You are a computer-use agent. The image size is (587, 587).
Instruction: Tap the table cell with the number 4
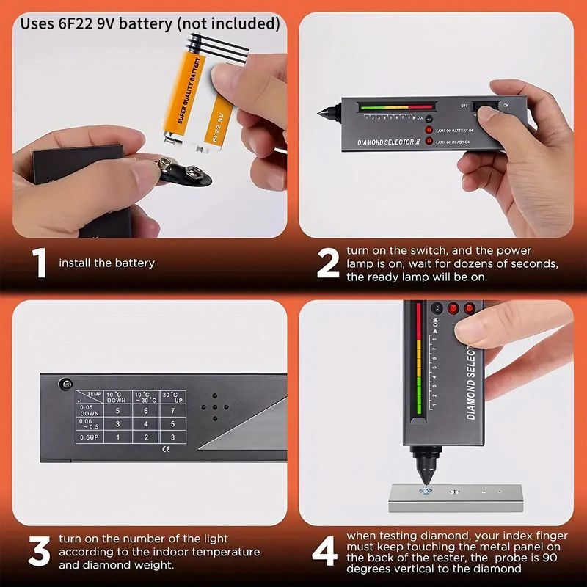point(145,423)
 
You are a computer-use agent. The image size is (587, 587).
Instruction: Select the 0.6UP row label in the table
point(88,438)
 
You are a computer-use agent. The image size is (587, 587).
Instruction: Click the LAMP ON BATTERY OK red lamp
point(430,130)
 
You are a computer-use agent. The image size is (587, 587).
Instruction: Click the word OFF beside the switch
point(464,105)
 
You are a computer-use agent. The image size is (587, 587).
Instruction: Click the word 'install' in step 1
point(74,263)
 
